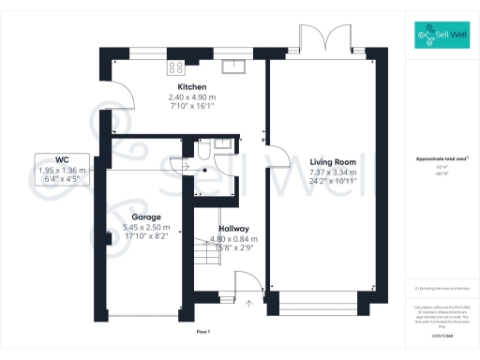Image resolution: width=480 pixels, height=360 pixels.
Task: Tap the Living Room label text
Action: (332, 162)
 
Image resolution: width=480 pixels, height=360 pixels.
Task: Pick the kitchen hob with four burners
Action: (175, 67)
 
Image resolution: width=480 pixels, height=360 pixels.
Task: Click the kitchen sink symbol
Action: (232, 67)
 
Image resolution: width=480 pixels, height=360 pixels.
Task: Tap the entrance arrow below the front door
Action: (249, 304)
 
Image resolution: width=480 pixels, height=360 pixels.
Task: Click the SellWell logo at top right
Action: (439, 37)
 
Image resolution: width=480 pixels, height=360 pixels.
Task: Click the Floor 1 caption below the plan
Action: (203, 332)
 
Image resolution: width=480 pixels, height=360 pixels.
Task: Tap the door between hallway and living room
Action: (270, 159)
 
